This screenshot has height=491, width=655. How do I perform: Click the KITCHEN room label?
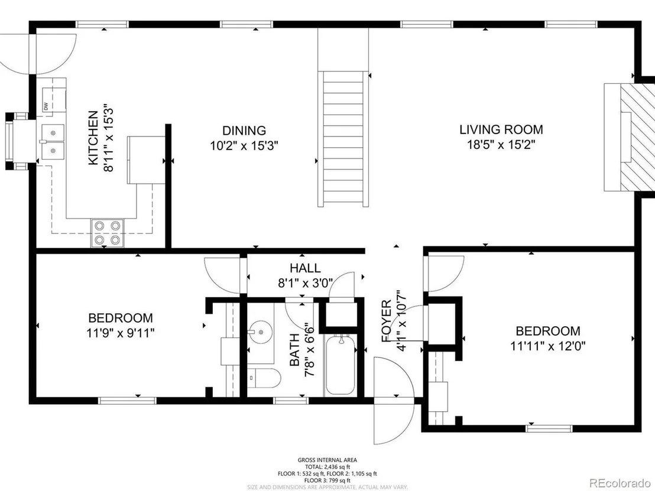coord(93,137)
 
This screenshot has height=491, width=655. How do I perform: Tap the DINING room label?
coord(244,131)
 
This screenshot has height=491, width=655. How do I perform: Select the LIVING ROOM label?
coord(501,129)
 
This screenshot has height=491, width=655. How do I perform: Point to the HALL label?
coord(306,268)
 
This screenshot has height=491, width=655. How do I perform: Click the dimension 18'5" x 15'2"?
coord(501,145)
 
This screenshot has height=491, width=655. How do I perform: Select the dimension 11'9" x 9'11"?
coord(121,333)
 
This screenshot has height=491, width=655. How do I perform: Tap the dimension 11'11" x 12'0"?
coord(548,346)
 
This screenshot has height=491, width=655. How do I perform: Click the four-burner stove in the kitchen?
coord(108,233)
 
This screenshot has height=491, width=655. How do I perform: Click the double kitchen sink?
coord(53,142)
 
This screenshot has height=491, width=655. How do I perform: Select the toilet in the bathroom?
coord(263,378)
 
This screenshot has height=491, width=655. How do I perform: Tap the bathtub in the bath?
coord(341,365)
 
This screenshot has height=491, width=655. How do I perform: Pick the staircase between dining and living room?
coord(343,139)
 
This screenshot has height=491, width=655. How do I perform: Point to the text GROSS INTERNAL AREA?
coord(327,460)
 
